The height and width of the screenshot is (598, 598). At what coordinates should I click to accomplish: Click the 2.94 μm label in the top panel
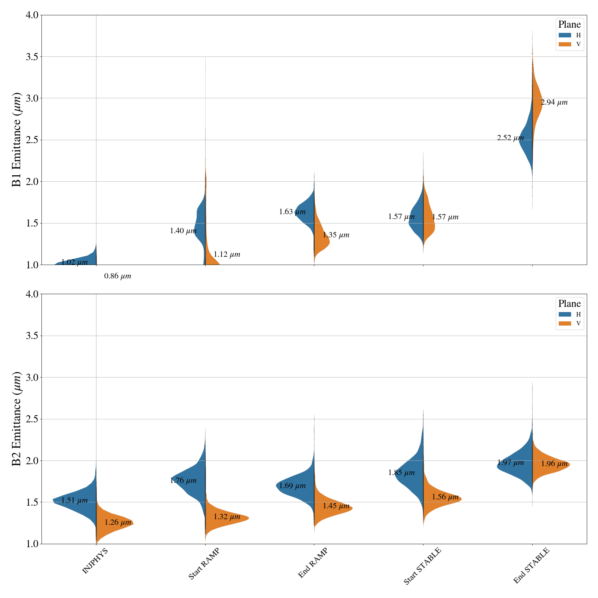[x=554, y=102]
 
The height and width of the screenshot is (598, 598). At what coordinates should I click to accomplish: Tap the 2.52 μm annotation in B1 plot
[x=510, y=138]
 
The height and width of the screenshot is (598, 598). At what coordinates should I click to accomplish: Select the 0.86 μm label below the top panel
[x=118, y=277]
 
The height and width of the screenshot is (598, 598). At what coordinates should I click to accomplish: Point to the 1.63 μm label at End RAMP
[x=292, y=212]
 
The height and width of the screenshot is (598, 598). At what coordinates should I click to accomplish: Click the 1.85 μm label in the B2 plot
[x=401, y=473]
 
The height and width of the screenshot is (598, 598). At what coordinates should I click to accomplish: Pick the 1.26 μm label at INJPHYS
[x=118, y=523]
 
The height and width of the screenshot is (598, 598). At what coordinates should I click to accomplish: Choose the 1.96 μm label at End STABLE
[x=554, y=464]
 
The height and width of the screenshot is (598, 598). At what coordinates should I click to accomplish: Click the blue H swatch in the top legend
[x=565, y=35]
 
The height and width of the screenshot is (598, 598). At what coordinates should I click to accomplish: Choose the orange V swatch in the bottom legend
[x=565, y=323]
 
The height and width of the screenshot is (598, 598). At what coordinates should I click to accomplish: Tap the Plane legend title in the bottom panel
[x=569, y=303]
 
